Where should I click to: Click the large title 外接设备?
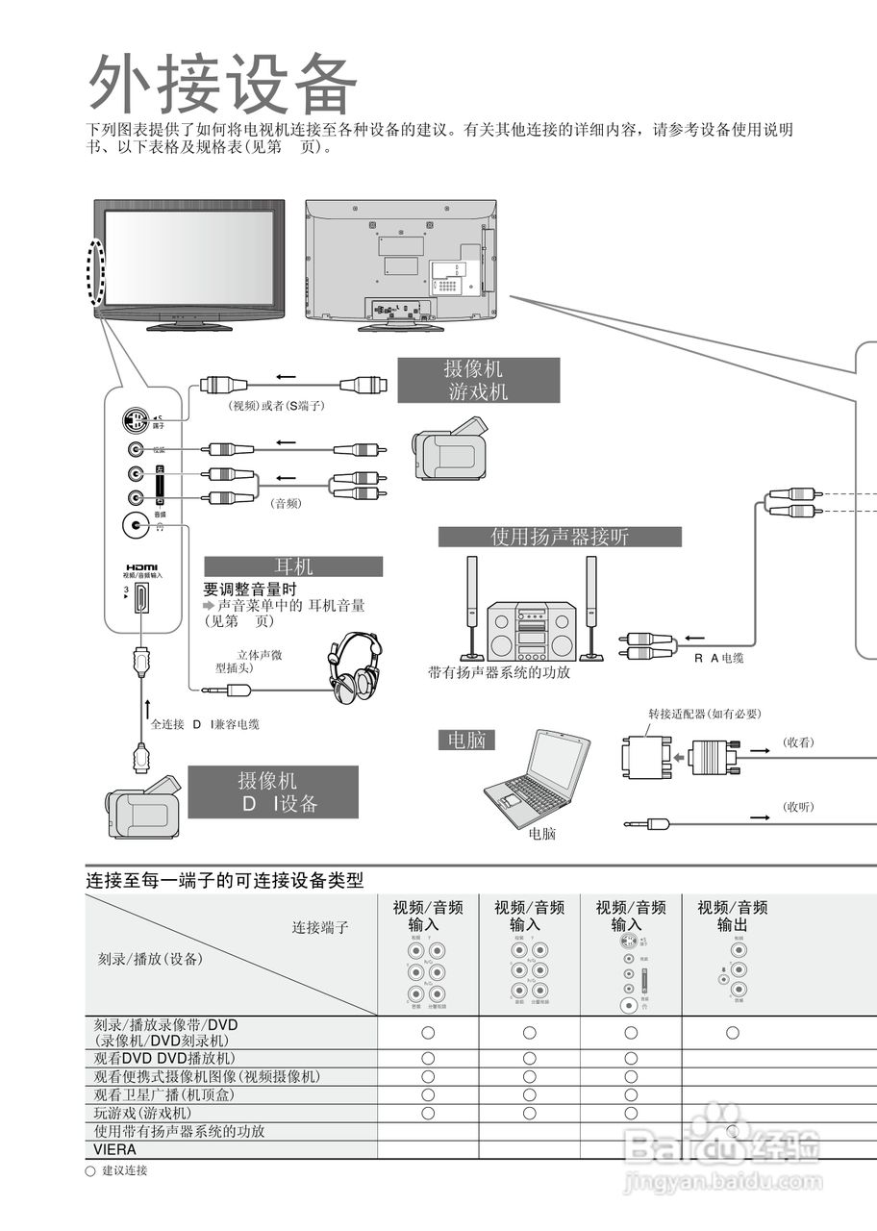coord(223,84)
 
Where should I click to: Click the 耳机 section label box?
coord(293,566)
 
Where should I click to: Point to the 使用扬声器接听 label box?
coord(560,537)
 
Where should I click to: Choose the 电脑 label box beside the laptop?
coord(466,740)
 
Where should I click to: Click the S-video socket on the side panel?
coord(137,421)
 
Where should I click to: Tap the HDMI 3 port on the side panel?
coord(141,598)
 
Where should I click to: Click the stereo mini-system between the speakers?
coord(531,632)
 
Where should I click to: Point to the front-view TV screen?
coord(188,257)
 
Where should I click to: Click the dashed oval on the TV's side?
coord(95,270)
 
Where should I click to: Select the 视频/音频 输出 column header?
coord(732,916)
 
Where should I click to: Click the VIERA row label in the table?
coord(114,1149)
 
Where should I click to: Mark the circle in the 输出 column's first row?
coord(732,1032)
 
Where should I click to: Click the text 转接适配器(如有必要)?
coord(704,714)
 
